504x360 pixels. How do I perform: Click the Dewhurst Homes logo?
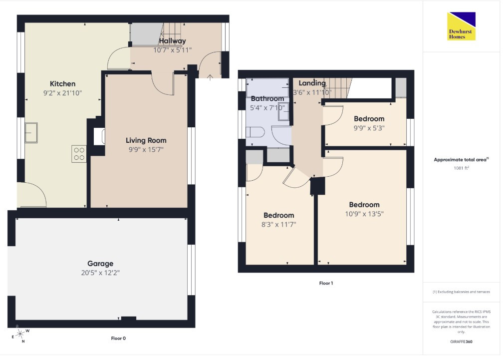tap(461, 26)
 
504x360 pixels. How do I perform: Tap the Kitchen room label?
tap(63, 84)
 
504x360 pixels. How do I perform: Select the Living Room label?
tap(146, 141)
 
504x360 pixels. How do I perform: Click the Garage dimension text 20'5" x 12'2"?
tap(100, 273)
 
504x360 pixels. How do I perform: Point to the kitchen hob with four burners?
tap(79, 154)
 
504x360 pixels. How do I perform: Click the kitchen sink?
tap(31, 132)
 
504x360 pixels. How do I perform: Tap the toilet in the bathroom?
tap(255, 132)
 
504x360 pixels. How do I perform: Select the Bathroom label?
tap(267, 99)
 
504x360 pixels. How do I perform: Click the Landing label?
tap(312, 83)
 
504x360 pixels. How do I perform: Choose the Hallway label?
tap(172, 41)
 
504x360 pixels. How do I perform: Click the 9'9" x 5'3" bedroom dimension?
tap(369, 128)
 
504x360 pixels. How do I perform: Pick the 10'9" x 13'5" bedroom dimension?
tap(364, 214)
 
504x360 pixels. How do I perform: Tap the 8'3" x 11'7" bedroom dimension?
tap(278, 225)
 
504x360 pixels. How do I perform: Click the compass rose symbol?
tap(20, 334)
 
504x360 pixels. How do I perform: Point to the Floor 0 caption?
tap(118, 339)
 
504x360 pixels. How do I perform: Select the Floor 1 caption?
tap(326, 284)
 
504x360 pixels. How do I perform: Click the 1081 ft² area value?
tap(461, 168)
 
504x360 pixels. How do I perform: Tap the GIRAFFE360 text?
tap(461, 342)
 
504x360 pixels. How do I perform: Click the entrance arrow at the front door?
tap(210, 77)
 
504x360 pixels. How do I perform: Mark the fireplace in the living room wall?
tap(99, 137)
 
